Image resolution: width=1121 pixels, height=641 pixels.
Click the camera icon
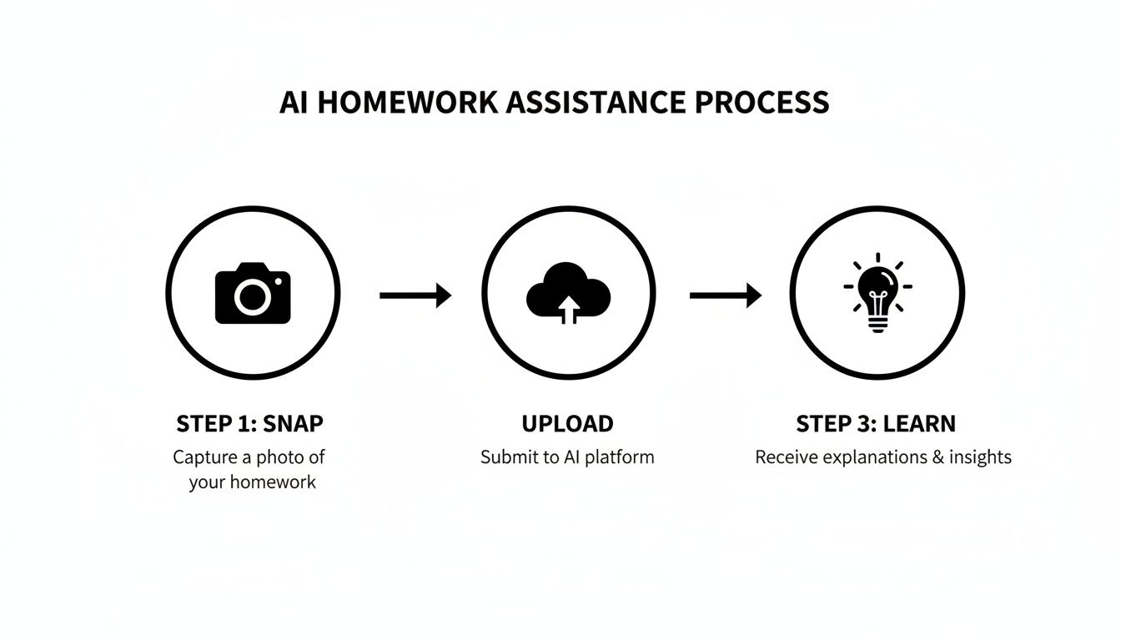253,293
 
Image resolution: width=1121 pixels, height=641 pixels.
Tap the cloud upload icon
568,292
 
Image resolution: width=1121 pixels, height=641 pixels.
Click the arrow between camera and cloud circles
415,295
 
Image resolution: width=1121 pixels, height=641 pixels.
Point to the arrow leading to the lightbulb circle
725,295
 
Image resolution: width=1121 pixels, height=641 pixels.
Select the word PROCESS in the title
762,103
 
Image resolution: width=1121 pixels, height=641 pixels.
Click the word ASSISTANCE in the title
596,103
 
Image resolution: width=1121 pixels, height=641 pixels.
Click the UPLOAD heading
567,424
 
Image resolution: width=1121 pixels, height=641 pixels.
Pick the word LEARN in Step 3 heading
919,424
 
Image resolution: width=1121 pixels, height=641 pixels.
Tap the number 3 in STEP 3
864,424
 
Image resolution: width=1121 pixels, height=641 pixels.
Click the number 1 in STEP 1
244,424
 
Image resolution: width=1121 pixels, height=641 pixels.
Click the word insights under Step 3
978,457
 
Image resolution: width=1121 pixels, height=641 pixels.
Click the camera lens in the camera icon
252,296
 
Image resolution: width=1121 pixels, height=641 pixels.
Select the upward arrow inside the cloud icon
568,309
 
